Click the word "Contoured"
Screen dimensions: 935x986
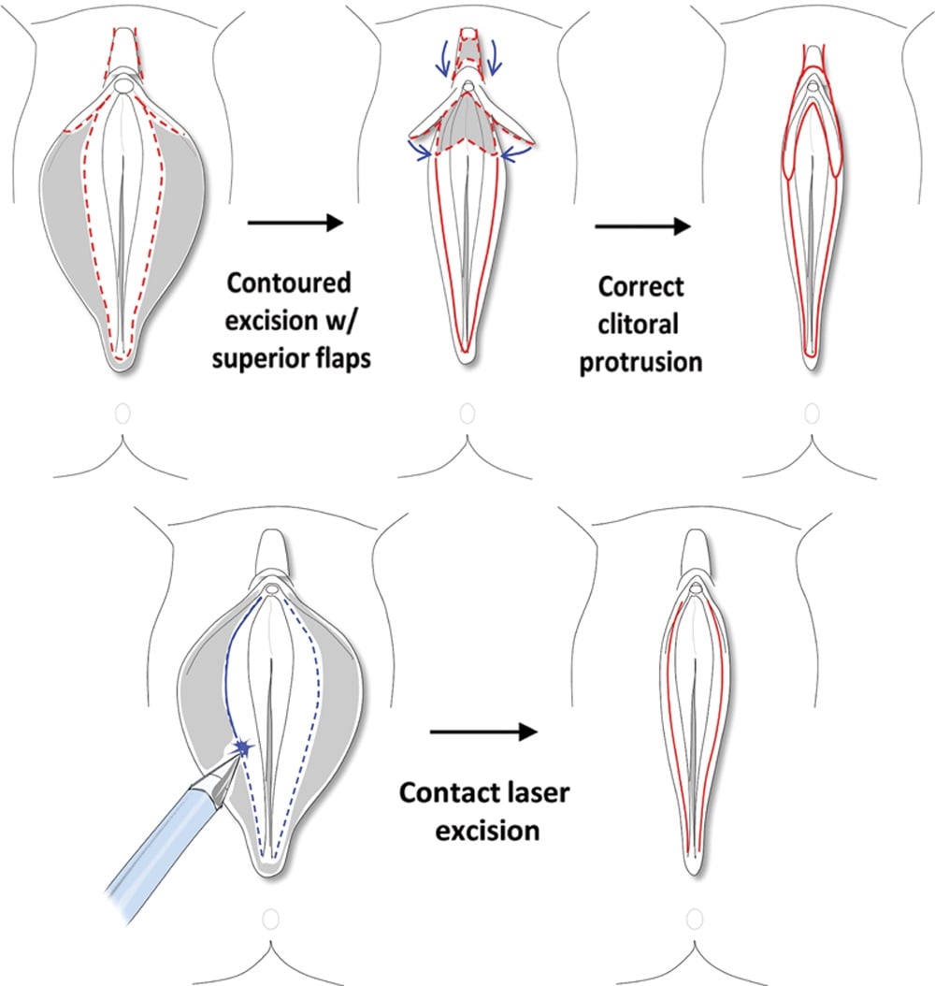pos(288,283)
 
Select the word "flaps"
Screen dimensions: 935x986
pos(339,359)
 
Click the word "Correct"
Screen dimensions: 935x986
pos(640,287)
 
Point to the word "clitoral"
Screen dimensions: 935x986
pos(639,325)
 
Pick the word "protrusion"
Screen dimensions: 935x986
pos(640,363)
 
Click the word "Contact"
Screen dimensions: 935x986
pos(447,793)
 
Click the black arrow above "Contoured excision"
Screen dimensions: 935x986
pos(295,222)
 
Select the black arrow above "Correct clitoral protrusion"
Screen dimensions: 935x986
pos(642,225)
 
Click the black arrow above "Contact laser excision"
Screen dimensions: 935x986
pos(483,732)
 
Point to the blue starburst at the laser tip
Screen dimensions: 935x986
pos(242,747)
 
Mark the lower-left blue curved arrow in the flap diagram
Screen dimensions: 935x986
pos(419,150)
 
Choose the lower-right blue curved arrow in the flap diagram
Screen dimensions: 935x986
pos(516,153)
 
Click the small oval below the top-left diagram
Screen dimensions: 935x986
pos(123,413)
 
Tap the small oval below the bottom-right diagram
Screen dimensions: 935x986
pos(695,920)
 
